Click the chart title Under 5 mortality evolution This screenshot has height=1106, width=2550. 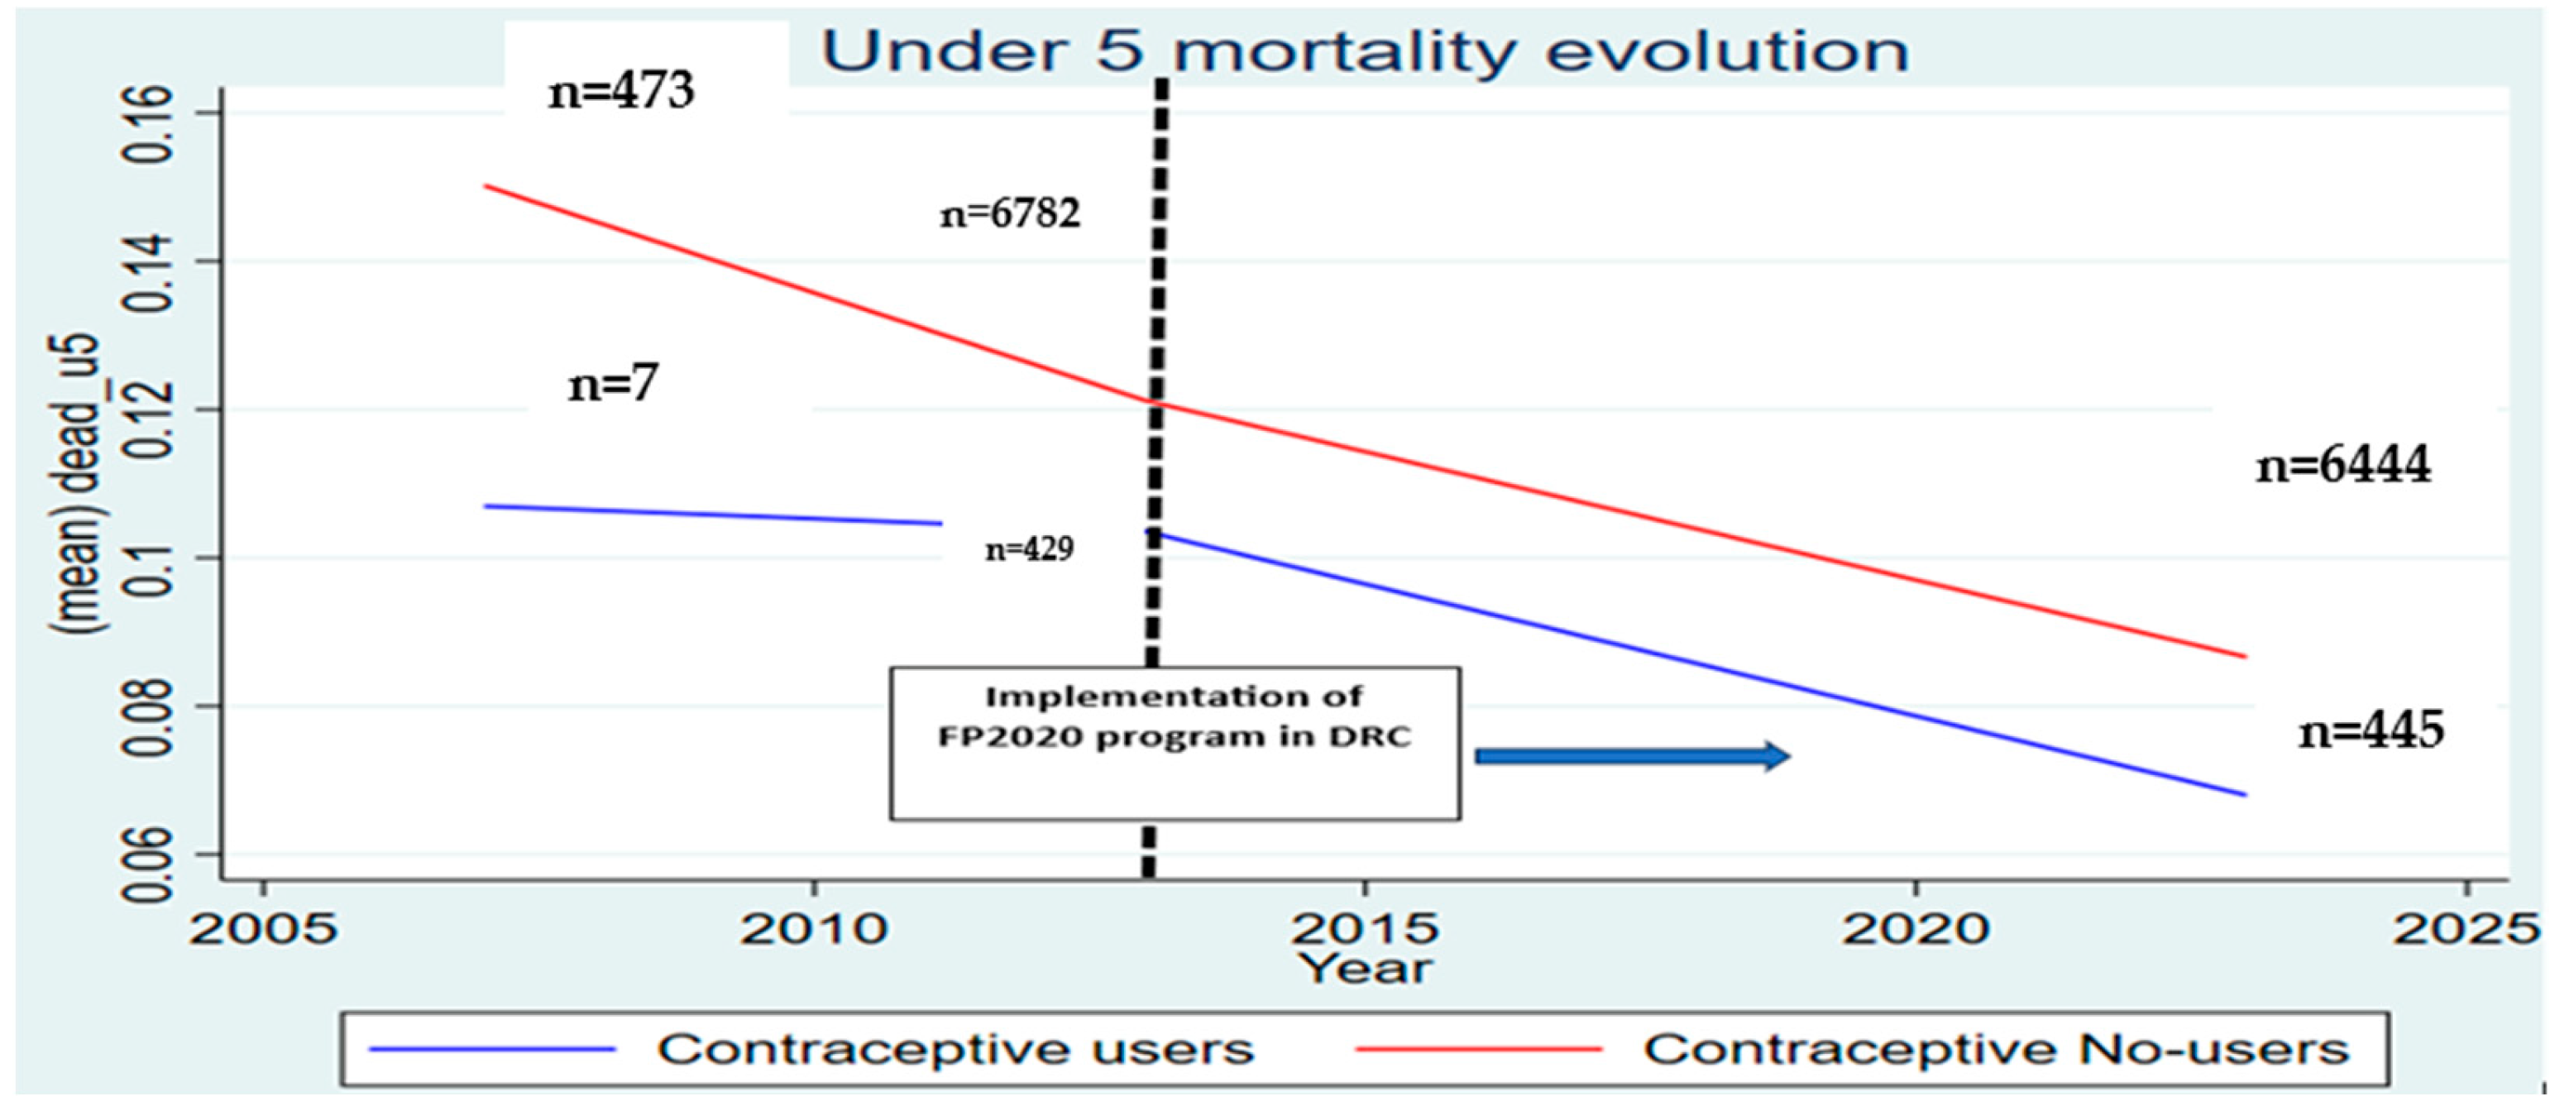click(1364, 51)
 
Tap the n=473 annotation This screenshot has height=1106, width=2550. click(622, 92)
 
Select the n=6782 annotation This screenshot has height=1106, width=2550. click(1010, 214)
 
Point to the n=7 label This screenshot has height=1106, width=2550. click(613, 383)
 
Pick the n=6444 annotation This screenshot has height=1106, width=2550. click(2343, 466)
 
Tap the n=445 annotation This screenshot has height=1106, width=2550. click(2371, 730)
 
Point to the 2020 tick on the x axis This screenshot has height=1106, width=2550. click(1915, 929)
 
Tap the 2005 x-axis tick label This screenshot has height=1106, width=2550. click(262, 929)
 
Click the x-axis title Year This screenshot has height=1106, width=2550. click(1364, 969)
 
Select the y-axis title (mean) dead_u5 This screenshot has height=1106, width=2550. click(79, 486)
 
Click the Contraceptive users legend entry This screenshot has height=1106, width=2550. click(954, 1050)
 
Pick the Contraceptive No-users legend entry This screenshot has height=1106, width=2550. click(1996, 1050)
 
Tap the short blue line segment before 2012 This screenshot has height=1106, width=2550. click(713, 515)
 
